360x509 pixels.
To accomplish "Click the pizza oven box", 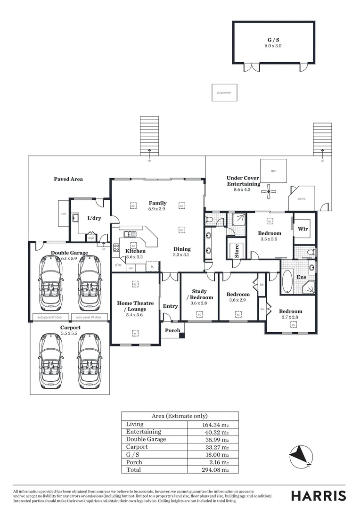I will (x=224, y=93).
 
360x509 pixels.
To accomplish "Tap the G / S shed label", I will (x=273, y=41).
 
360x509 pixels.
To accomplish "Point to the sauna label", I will (x=301, y=198).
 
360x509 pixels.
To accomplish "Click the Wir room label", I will (x=303, y=229).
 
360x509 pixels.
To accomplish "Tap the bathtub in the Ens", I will (x=287, y=281).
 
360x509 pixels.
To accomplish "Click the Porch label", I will (x=172, y=330).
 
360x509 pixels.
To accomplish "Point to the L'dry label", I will (x=95, y=218).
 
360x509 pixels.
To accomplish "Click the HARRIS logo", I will (x=318, y=495).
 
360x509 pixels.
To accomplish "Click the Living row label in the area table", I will (x=134, y=424).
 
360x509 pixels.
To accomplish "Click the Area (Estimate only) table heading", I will (x=180, y=416).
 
